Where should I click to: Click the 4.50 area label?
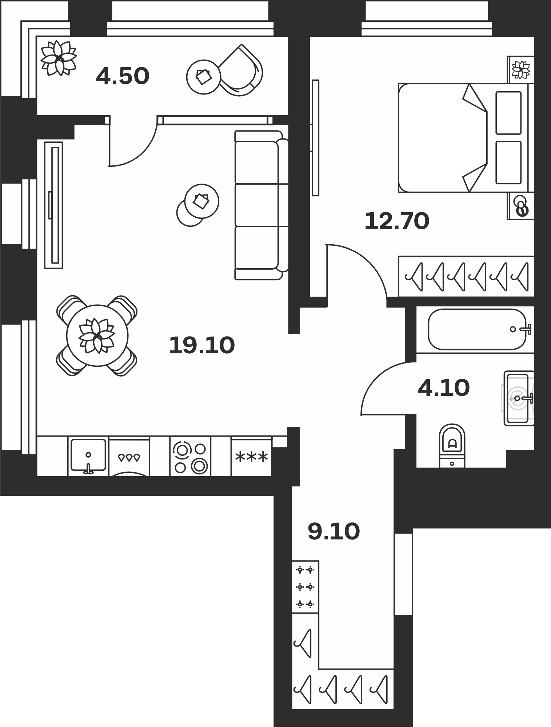[x=123, y=77]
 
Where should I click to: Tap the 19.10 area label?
[x=202, y=345]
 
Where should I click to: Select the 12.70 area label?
[x=397, y=221]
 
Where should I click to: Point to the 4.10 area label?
[x=444, y=388]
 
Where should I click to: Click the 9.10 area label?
[x=334, y=531]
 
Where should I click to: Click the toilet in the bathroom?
[x=452, y=445]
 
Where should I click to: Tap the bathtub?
[x=477, y=329]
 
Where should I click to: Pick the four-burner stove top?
[x=190, y=456]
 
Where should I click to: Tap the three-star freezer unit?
[x=251, y=456]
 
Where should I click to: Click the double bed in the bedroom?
[x=466, y=138]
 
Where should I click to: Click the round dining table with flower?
[x=97, y=336]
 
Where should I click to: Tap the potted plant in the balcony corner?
[x=58, y=58]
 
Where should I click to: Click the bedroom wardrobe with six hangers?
[x=466, y=276]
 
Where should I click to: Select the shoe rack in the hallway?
[x=306, y=587]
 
